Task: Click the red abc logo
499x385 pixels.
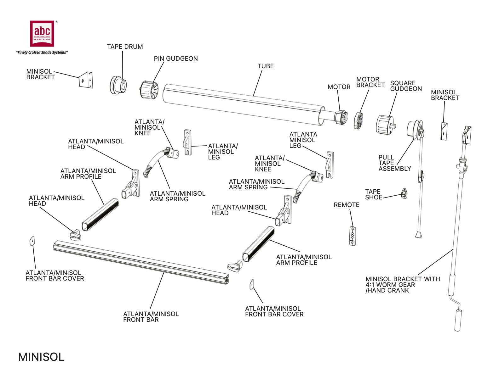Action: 42,33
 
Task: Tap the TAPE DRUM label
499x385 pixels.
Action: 125,47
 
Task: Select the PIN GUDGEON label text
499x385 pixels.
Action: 176,59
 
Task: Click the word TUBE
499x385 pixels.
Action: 266,66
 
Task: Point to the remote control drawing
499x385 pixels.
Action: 353,235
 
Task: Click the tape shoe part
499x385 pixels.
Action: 404,193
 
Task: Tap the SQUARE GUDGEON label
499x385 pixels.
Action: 406,86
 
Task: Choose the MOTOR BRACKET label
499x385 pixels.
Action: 370,82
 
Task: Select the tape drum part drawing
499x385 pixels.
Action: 119,85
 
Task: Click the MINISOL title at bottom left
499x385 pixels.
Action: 41,357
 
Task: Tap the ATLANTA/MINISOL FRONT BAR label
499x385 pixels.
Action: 151,317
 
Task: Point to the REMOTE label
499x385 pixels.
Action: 346,205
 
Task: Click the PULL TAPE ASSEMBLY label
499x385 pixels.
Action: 394,163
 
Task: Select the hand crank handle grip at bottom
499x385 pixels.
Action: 458,320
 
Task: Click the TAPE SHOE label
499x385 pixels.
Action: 373,194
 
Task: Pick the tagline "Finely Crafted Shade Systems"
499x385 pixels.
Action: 42,53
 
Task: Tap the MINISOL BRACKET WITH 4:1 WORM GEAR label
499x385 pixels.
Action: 403,285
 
